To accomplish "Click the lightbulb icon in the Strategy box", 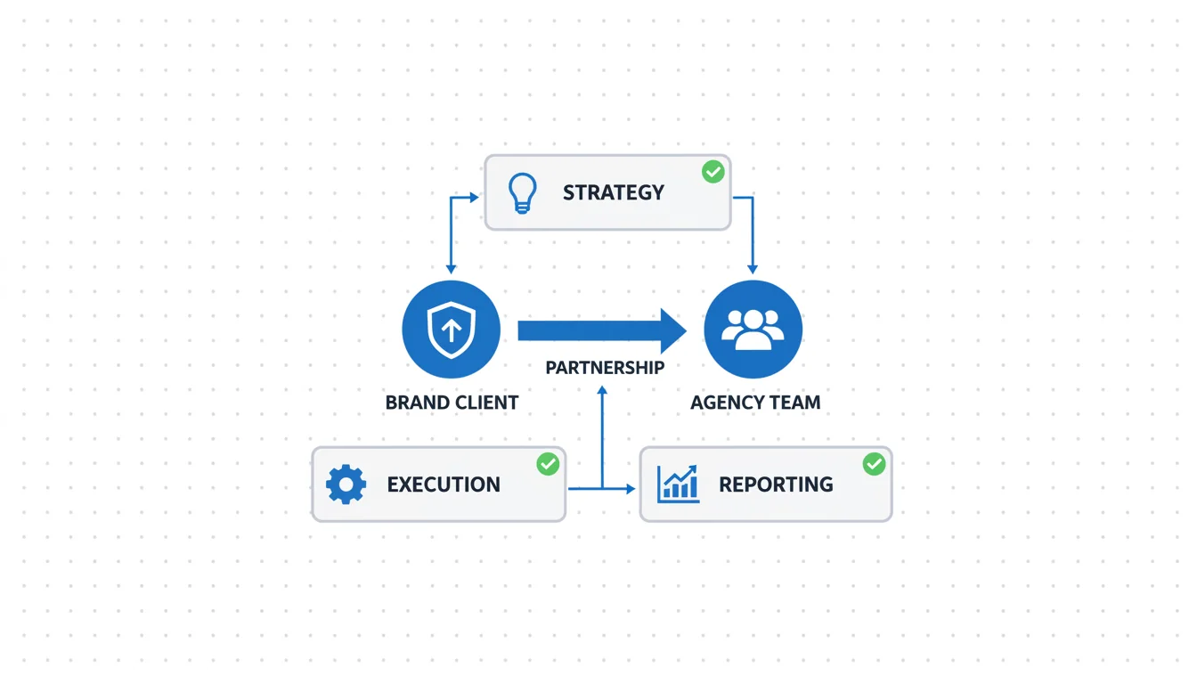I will (x=522, y=192).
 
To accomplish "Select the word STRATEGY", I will (x=613, y=192).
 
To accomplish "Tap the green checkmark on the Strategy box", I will (x=712, y=172).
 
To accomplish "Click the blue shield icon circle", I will (x=452, y=330).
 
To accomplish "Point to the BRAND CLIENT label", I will (x=452, y=403).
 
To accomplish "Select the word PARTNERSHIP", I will (x=605, y=367).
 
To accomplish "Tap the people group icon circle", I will (x=753, y=330).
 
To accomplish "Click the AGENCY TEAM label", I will (x=755, y=403).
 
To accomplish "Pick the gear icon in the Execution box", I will (x=346, y=484).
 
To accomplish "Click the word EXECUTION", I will (x=444, y=484).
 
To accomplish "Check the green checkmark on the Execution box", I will (x=548, y=463).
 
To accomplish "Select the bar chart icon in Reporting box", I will (x=678, y=484).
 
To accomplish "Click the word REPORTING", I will (x=776, y=484).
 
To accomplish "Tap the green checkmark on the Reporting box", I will (x=875, y=463).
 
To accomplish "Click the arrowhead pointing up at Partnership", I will (x=603, y=390).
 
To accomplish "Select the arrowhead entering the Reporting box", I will (x=631, y=488).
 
